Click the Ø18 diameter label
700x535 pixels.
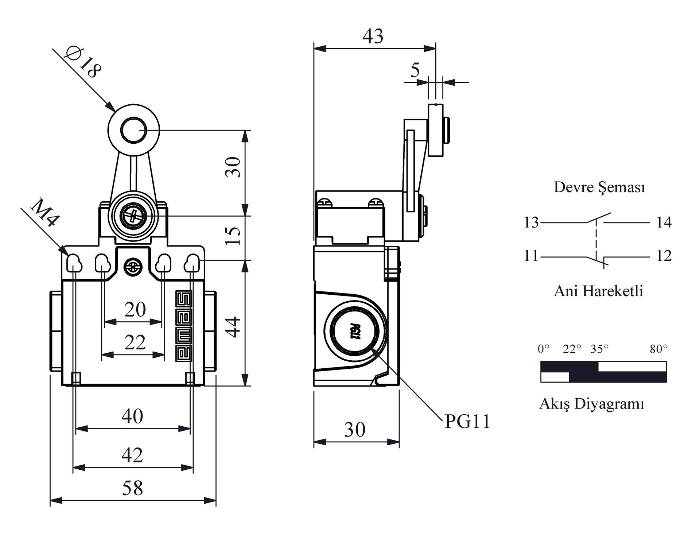82,62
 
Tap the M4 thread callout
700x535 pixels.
45,213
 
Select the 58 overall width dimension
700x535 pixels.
132,488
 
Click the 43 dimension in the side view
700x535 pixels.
373,36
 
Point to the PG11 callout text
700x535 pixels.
468,422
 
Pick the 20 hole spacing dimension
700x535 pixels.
135,310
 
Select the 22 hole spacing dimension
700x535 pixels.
135,342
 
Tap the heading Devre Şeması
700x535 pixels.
599,187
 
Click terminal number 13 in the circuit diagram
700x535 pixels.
531,222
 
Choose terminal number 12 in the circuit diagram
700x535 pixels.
664,256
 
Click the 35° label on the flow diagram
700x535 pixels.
599,349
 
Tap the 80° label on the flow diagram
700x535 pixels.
658,349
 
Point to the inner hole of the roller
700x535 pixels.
133,130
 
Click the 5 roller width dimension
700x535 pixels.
415,70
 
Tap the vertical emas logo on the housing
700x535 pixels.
184,326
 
